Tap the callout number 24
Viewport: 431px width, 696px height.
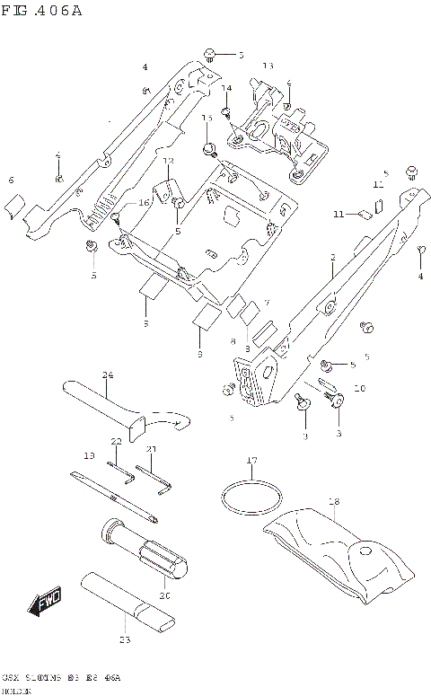107,374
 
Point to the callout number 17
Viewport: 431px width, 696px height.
252,462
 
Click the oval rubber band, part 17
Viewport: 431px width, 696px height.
252,495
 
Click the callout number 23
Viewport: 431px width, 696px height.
124,639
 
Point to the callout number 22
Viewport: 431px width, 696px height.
116,441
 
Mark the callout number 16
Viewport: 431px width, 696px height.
143,204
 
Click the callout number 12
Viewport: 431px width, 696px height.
167,161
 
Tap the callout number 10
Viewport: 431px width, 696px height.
359,389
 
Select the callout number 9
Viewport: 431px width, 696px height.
304,436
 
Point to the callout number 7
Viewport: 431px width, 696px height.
267,304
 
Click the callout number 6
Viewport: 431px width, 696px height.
11,181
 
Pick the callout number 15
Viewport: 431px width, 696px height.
207,118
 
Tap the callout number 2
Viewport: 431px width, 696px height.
331,257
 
